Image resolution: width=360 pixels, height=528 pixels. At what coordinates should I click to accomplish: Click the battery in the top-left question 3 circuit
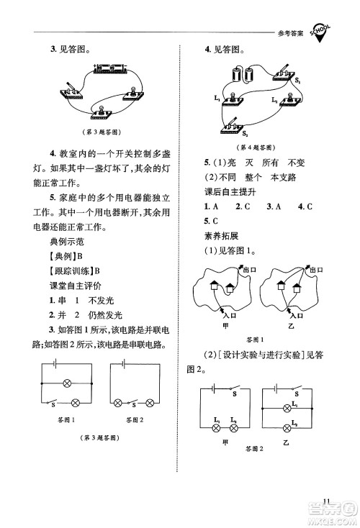[109, 68]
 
